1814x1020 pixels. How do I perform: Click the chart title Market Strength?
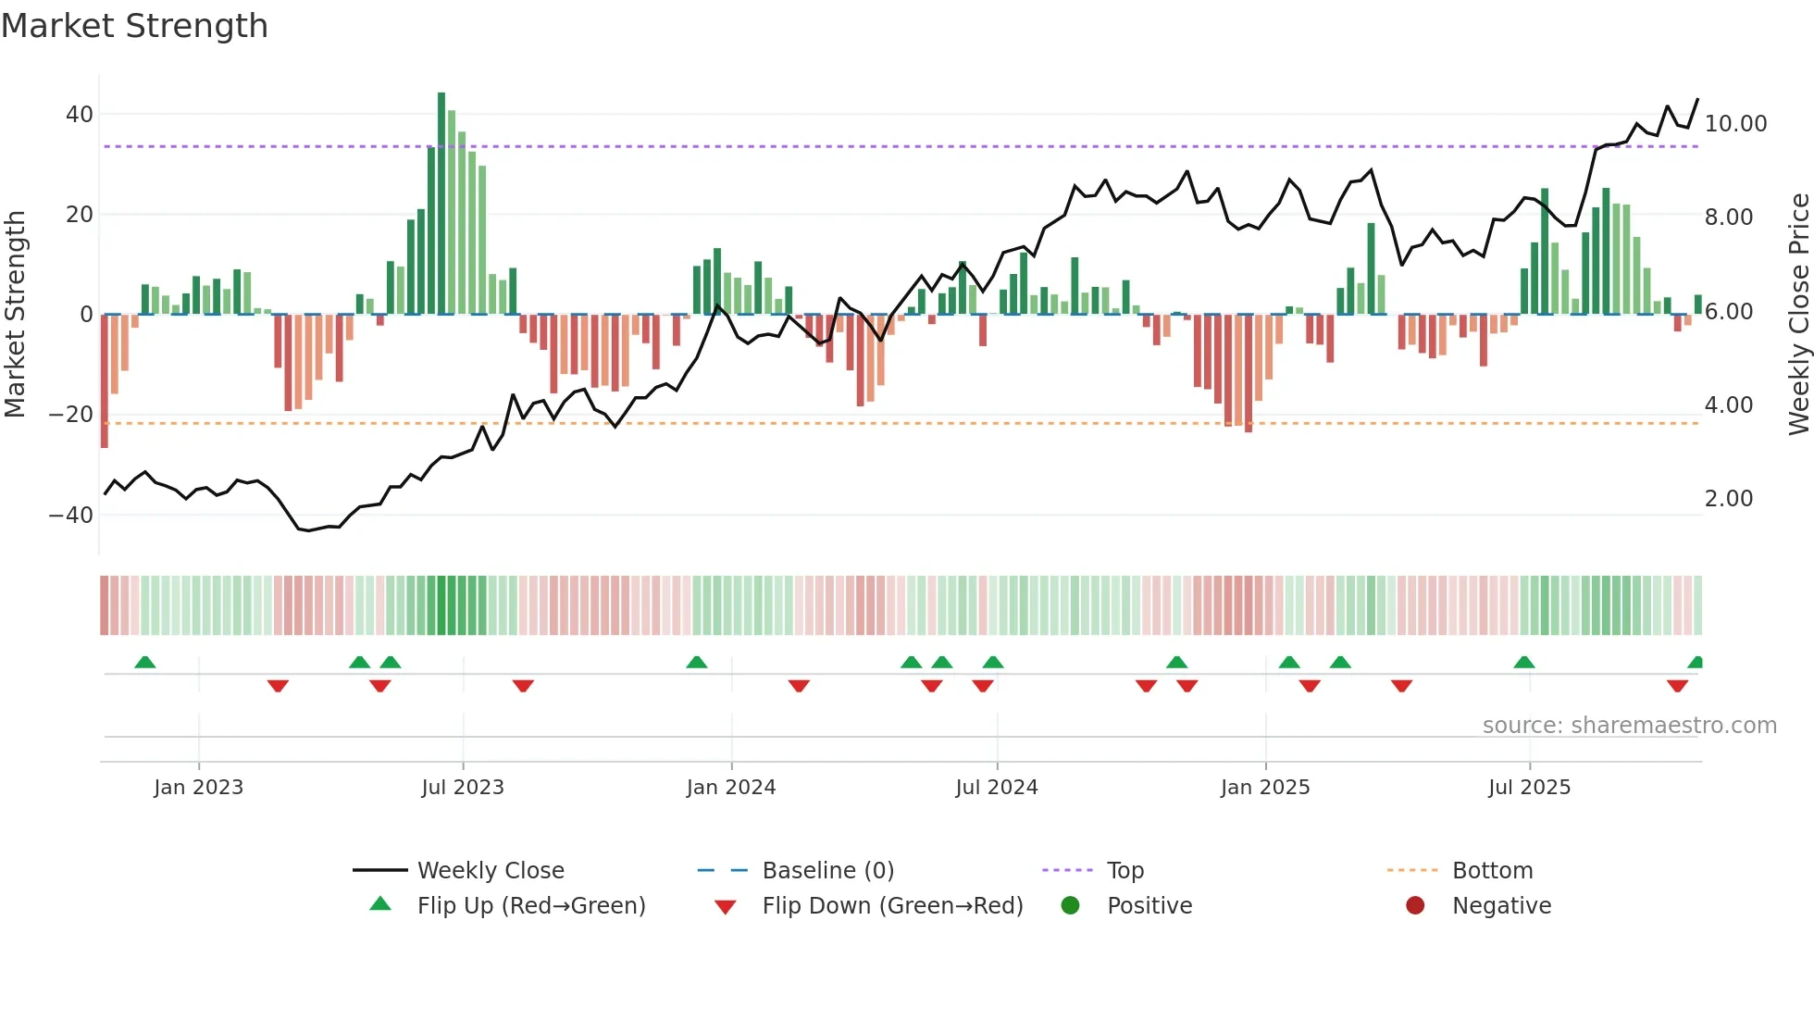(x=134, y=26)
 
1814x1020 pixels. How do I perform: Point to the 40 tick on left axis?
(x=80, y=115)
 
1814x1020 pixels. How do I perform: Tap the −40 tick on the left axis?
(x=71, y=515)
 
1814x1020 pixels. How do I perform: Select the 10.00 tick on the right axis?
(x=1735, y=124)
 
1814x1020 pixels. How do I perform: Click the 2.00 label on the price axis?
(x=1728, y=499)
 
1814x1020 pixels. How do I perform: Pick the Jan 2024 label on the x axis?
(x=730, y=788)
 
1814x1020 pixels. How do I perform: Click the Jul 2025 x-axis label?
(x=1529, y=788)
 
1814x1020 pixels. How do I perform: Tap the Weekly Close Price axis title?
(x=1798, y=314)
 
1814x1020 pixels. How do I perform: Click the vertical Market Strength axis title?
(x=15, y=314)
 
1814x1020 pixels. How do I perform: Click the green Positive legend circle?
(x=1070, y=906)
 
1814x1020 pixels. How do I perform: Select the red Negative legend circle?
(x=1414, y=906)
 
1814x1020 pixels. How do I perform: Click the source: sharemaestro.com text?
(x=1629, y=726)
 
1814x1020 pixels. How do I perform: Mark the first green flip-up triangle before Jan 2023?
(x=145, y=663)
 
